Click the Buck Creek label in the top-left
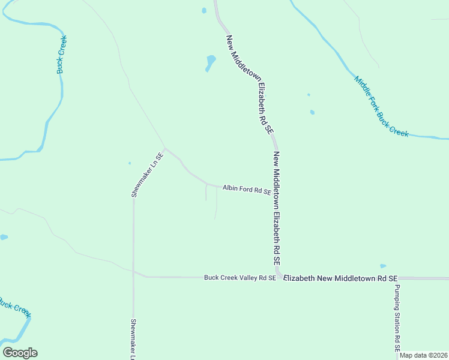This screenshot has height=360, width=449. (61, 55)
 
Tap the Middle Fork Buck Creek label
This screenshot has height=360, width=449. (381, 106)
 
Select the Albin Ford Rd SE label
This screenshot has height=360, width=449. (247, 190)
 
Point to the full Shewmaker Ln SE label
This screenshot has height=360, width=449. (143, 174)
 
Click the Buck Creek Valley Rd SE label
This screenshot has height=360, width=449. (240, 278)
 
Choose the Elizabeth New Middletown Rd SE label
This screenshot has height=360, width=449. (340, 278)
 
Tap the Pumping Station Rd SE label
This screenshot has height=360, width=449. (397, 318)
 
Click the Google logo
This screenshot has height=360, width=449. (20, 353)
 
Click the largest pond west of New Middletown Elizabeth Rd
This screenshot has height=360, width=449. (210, 62)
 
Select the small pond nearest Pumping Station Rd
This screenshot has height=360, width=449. (383, 266)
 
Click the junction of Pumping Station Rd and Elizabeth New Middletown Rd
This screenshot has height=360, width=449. (396, 278)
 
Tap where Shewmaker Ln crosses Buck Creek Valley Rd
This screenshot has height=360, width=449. (134, 271)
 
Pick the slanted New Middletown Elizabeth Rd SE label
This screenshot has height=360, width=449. (250, 83)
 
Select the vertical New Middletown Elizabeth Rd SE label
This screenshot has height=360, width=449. (277, 208)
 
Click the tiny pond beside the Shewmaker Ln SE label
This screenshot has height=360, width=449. (130, 163)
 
